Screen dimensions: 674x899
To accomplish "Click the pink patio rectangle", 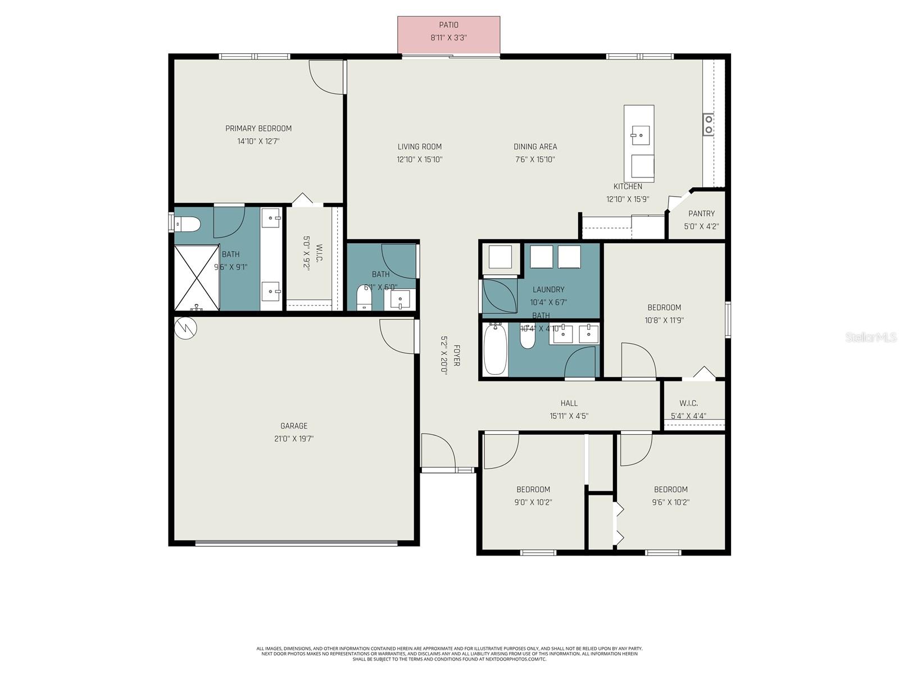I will [448, 35].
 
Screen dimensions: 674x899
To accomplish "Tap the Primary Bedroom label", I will [258, 129].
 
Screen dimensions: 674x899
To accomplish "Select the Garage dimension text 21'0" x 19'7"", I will [290, 439].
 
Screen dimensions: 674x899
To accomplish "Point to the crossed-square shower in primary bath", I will [196, 277].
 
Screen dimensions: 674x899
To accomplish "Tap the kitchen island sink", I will [639, 135].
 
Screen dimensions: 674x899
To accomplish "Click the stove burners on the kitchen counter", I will [709, 124].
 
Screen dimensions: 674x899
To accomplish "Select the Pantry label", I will [701, 213].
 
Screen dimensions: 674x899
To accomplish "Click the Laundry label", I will [548, 289].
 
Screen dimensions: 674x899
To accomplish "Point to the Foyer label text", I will [457, 356].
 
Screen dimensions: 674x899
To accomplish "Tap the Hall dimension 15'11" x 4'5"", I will [569, 416].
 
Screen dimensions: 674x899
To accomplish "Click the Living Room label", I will [420, 147].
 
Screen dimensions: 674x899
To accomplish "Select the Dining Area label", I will [535, 147].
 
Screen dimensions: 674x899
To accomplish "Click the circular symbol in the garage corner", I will [186, 329].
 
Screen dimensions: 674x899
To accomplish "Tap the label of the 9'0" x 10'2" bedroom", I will [533, 489].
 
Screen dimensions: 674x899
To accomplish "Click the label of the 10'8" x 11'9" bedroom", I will [664, 307].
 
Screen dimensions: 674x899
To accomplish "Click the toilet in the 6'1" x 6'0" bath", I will [365, 297].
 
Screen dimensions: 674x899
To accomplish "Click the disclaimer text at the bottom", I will [449, 653].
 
